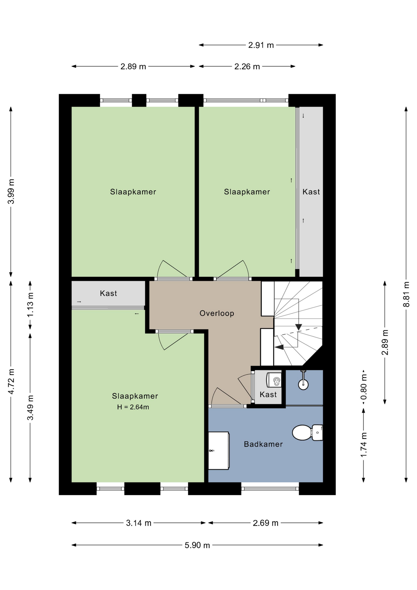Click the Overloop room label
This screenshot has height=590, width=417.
pyautogui.click(x=217, y=313)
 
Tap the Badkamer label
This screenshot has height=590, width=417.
pyautogui.click(x=263, y=444)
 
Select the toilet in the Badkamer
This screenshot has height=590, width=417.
pyautogui.click(x=307, y=433)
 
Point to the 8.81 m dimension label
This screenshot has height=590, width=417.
pyautogui.click(x=406, y=294)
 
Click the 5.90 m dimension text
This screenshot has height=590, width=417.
pyautogui.click(x=197, y=545)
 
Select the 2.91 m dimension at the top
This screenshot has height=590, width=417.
pyautogui.click(x=261, y=45)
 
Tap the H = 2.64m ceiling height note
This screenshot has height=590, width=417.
pyautogui.click(x=133, y=407)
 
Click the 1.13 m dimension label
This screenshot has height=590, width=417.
pyautogui.click(x=30, y=305)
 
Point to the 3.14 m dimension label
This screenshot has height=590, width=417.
pyautogui.click(x=138, y=523)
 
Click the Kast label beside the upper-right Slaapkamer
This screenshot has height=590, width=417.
pyautogui.click(x=311, y=192)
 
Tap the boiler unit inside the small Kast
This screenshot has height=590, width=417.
pyautogui.click(x=274, y=380)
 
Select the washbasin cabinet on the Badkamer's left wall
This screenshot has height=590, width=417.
pyautogui.click(x=219, y=451)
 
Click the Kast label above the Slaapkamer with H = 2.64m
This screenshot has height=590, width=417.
pyautogui.click(x=108, y=293)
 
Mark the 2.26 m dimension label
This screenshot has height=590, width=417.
pyautogui.click(x=247, y=66)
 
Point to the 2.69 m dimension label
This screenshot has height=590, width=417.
pyautogui.click(x=266, y=523)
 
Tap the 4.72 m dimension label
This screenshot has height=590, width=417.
pyautogui.click(x=11, y=381)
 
